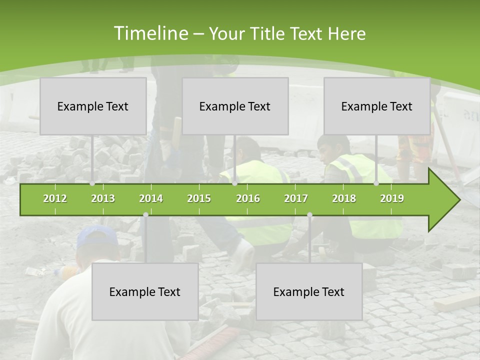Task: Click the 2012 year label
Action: click(x=55, y=198)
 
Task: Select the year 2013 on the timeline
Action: click(x=103, y=198)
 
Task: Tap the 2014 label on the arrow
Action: click(x=151, y=198)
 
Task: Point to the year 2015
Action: click(x=199, y=198)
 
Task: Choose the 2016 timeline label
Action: click(x=248, y=198)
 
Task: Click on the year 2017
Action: click(x=296, y=198)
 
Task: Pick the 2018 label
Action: click(x=344, y=198)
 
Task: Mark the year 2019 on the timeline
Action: click(x=392, y=198)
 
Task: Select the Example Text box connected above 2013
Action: click(x=93, y=106)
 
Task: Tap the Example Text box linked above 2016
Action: click(x=235, y=106)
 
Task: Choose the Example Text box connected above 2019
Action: click(x=377, y=106)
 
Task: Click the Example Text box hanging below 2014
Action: click(x=145, y=291)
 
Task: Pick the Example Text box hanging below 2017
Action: click(x=309, y=291)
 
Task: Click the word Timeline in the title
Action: click(x=150, y=33)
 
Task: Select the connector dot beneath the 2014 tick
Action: click(x=145, y=214)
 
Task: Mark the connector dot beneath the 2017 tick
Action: click(x=309, y=214)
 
